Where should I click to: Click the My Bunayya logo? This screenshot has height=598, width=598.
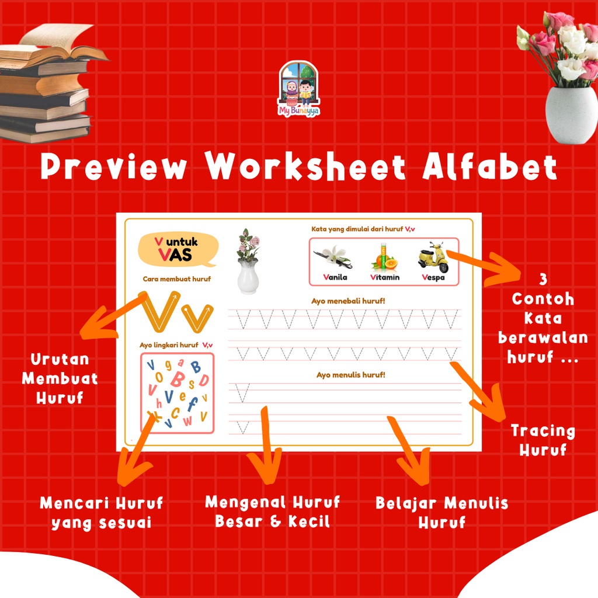[x=298, y=89]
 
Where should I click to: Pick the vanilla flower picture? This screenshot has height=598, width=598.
[x=333, y=256]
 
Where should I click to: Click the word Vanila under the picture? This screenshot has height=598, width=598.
[x=335, y=277]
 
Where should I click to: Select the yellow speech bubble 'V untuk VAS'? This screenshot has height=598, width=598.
[x=177, y=249]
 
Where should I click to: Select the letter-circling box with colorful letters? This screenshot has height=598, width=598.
[x=177, y=392]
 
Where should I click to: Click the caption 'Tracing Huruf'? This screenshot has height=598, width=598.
[x=543, y=440]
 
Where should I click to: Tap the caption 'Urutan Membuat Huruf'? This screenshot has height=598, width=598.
[x=60, y=378]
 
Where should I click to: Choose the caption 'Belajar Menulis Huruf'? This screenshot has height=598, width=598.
[x=441, y=512]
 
